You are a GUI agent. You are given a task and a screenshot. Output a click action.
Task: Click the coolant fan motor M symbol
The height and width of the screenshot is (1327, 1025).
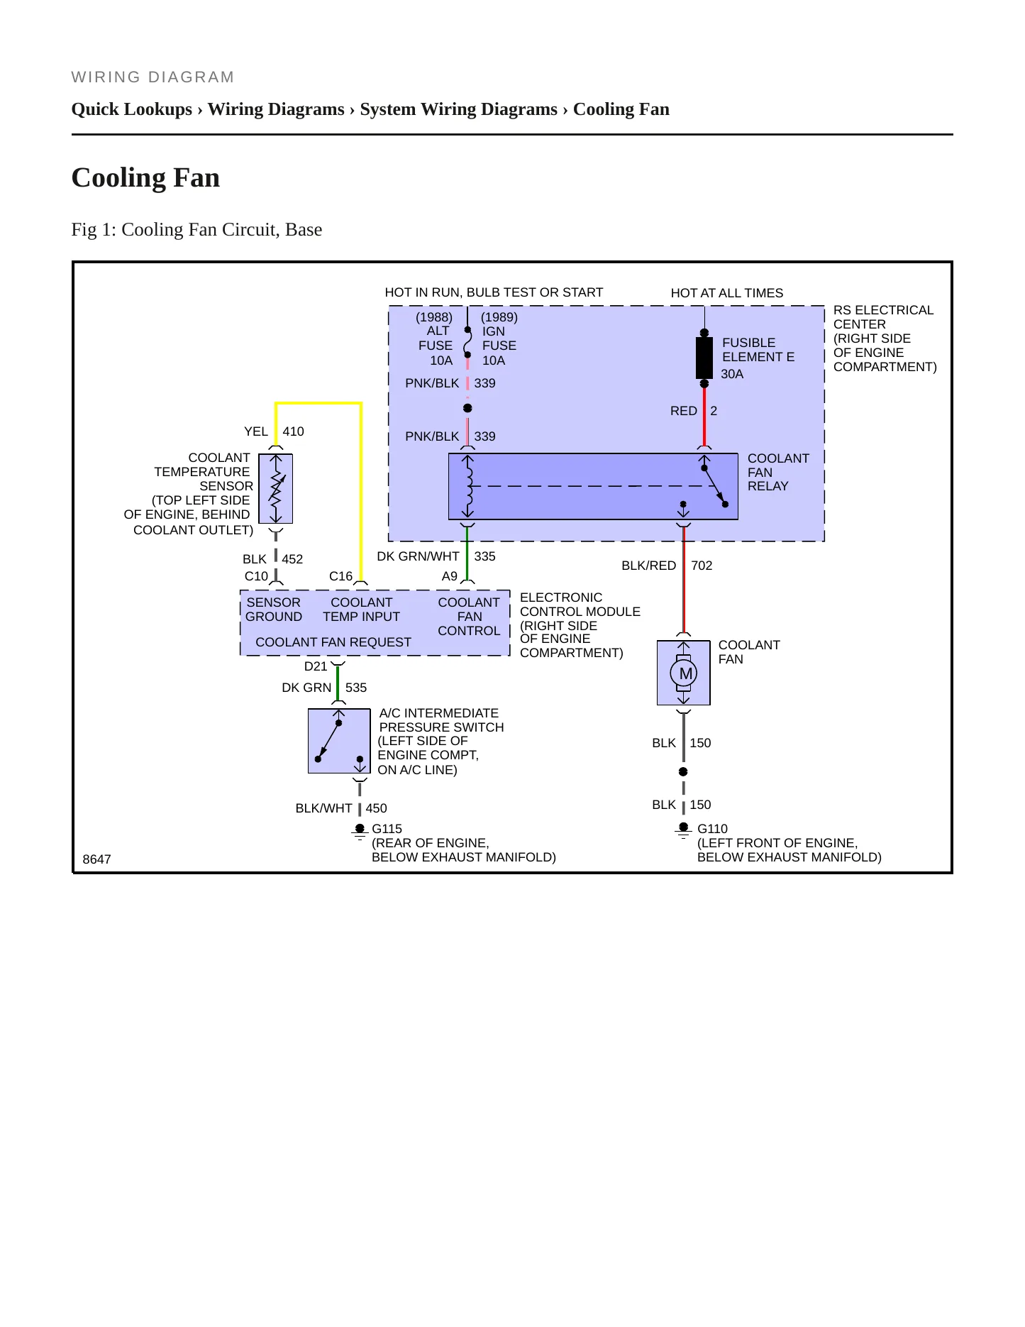[684, 673]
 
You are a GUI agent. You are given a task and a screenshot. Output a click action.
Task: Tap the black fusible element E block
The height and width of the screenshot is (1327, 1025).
[704, 358]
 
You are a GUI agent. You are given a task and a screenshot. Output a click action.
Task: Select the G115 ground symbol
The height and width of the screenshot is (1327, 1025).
[360, 832]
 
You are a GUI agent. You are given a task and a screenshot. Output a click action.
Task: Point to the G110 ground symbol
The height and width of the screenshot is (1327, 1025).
[683, 831]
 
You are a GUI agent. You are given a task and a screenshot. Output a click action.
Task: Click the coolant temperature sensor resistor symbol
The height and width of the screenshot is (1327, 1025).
[276, 489]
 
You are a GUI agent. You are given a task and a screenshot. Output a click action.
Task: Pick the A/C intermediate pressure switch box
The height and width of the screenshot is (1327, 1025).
[339, 742]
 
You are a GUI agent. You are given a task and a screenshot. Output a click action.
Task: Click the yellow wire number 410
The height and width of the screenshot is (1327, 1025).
[293, 431]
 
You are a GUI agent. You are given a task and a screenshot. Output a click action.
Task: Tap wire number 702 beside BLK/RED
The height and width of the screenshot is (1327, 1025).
[702, 566]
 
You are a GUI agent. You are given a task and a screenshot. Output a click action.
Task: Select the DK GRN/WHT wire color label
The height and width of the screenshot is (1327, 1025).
[418, 556]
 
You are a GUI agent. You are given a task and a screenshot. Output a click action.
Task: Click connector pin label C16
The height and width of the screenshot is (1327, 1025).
[340, 576]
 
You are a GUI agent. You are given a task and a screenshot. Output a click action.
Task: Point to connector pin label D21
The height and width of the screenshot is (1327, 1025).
[316, 666]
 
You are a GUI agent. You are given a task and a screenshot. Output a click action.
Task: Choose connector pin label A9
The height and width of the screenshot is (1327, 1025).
[450, 576]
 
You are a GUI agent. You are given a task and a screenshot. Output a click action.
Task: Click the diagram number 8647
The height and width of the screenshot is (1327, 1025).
[97, 859]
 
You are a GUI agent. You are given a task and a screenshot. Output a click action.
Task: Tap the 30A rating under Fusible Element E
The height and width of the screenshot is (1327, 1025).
[732, 374]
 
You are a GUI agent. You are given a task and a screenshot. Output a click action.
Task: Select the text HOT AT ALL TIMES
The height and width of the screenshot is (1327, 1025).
[727, 293]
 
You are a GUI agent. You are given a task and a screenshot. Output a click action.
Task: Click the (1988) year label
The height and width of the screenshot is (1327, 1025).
[434, 317]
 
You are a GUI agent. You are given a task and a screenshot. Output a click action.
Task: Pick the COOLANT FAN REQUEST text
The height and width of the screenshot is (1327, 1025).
[333, 642]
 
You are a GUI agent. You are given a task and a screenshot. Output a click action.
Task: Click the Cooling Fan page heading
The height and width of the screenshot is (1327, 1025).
[146, 177]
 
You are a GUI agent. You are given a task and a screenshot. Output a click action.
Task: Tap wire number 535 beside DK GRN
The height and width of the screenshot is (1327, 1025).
[356, 688]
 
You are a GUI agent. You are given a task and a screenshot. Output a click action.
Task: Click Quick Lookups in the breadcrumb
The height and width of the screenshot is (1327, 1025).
[132, 109]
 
